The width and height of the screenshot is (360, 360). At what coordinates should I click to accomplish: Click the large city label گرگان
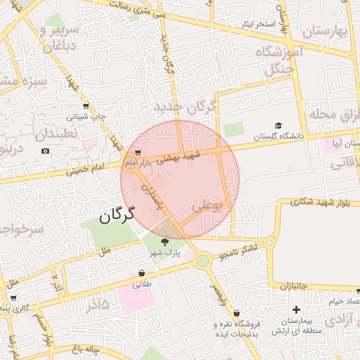tap(116, 216)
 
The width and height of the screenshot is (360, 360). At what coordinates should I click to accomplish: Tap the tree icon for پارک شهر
tap(165, 242)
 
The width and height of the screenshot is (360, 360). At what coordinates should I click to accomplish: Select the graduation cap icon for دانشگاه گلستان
tap(278, 125)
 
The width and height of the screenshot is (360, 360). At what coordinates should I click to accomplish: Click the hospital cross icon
tap(296, 309)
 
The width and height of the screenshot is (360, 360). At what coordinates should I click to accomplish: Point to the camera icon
tap(46, 150)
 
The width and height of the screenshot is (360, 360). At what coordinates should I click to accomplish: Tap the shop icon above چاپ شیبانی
tap(86, 106)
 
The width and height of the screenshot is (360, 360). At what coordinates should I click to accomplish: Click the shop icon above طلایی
tap(142, 273)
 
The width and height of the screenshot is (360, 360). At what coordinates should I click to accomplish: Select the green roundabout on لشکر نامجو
tap(203, 262)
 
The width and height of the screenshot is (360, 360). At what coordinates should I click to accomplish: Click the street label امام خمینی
tap(87, 167)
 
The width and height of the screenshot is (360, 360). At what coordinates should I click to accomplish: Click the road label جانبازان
tap(295, 286)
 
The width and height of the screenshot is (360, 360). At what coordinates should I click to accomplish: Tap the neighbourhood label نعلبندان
tap(40, 134)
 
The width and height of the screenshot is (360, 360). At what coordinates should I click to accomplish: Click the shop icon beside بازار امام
tap(138, 151)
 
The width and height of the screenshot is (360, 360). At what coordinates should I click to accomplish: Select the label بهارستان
tap(325, 32)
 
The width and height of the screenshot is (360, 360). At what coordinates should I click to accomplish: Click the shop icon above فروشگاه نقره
tap(236, 313)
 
